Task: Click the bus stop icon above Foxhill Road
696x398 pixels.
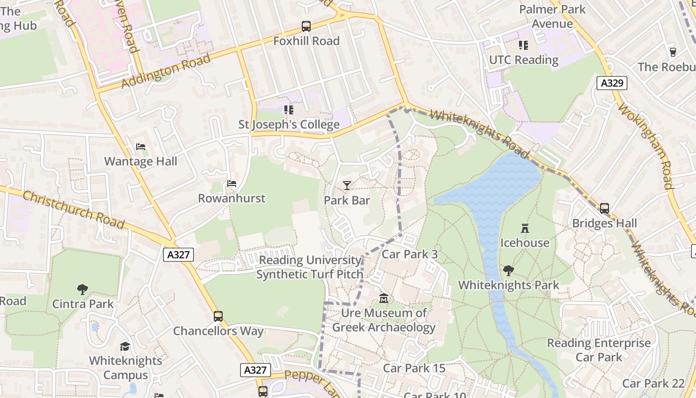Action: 306,26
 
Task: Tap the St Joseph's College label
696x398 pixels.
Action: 289,124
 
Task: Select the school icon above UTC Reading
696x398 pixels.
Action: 523,45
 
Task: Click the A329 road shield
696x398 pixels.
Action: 612,83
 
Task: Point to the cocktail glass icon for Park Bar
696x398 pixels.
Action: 347,186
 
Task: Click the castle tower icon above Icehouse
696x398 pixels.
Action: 524,228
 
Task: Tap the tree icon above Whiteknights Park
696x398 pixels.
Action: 509,271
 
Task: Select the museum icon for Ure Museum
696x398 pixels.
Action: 384,298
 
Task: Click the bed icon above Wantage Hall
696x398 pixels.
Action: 141,147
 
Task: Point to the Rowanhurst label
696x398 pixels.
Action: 232,199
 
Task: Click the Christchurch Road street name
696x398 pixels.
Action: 73,210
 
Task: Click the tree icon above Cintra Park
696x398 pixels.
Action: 83,290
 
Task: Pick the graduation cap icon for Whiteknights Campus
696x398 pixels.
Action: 125,346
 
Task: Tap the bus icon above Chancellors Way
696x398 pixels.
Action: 218,316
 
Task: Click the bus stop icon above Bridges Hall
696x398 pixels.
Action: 605,208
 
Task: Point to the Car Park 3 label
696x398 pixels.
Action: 410,254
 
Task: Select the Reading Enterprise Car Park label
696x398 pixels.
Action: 599,350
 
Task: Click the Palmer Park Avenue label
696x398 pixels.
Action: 552,16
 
